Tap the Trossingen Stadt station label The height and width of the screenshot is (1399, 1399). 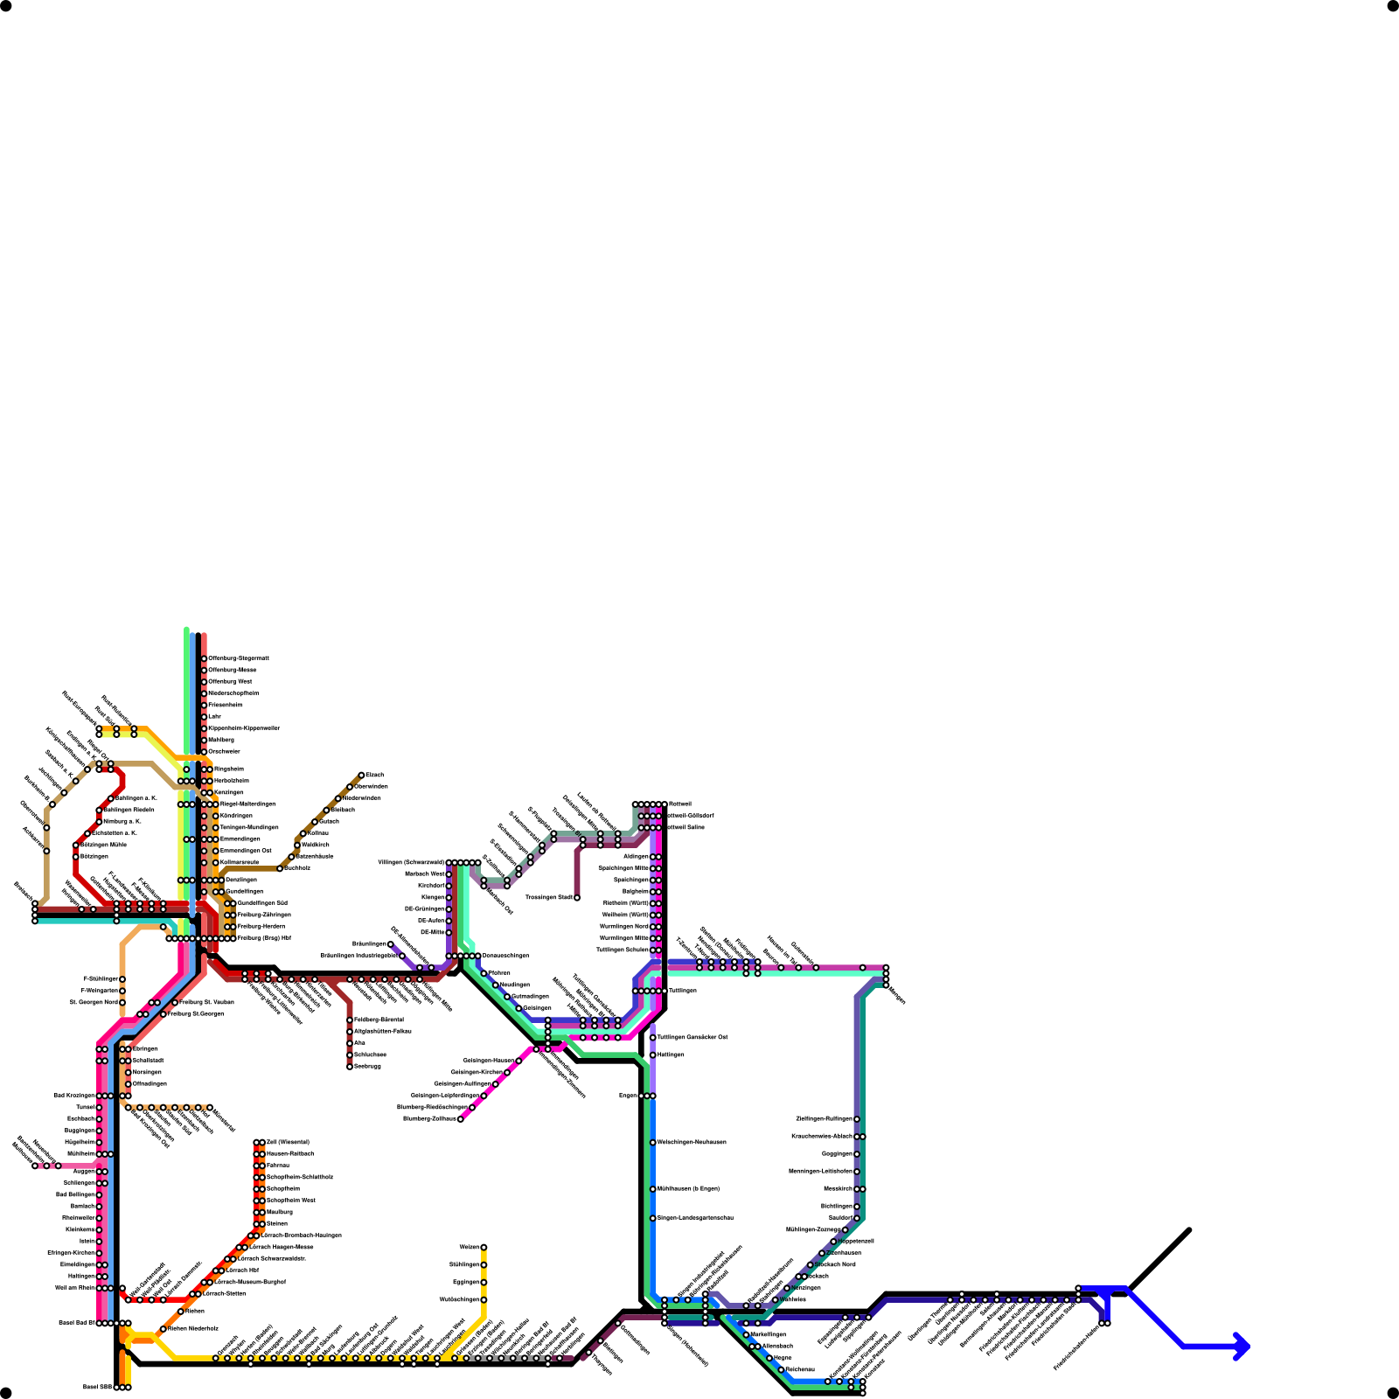tap(548, 898)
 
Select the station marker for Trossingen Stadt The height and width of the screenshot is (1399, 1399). tap(577, 898)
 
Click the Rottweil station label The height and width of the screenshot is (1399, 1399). tap(680, 804)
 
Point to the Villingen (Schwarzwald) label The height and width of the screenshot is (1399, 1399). tap(410, 863)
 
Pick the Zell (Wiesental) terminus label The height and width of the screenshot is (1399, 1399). tap(288, 1142)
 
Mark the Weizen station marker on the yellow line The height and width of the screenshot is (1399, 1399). tap(484, 1247)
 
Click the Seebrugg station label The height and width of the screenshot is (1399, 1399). tap(367, 1067)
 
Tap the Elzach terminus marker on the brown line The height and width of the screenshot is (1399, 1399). tap(361, 775)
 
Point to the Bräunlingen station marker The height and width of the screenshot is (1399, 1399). tap(391, 944)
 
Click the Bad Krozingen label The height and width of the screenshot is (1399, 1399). tap(73, 1096)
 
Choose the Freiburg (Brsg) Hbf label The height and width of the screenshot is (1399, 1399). tap(264, 938)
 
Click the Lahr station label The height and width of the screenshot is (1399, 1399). tap(214, 716)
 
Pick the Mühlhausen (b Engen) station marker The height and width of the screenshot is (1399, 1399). tap(653, 1189)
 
